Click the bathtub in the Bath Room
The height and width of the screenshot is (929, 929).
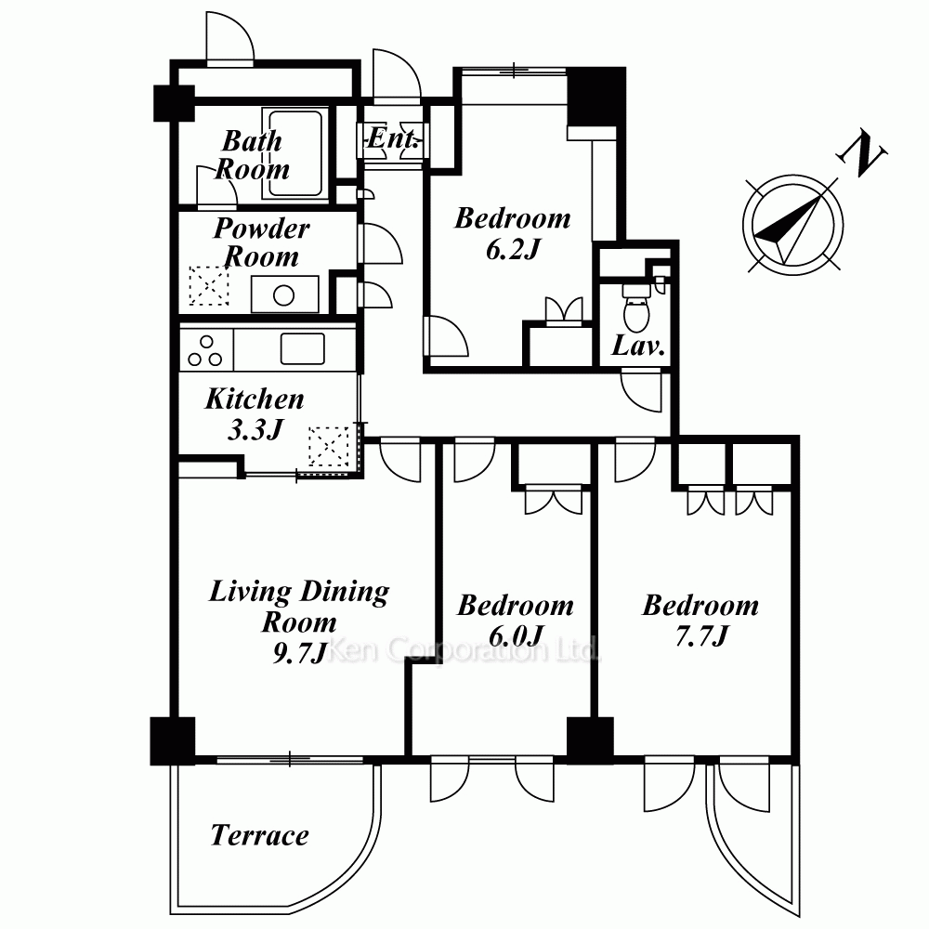coord(295,153)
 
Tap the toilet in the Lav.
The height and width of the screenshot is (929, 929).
coord(636,308)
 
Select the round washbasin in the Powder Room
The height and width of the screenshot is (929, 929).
coord(284,295)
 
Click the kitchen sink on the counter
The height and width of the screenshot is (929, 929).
coord(302,348)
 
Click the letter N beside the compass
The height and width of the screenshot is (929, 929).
coord(861,154)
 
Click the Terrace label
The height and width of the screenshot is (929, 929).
coord(259,835)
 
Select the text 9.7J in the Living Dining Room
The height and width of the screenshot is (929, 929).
coord(300,652)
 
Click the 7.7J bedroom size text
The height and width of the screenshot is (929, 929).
coord(701,636)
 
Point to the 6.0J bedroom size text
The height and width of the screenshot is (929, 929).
coord(516,636)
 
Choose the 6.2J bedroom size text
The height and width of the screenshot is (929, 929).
coord(513,249)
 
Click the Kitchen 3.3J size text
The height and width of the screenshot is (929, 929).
coord(255,429)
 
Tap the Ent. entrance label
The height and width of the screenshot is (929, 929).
coord(393,139)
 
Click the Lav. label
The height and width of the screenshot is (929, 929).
coord(638,346)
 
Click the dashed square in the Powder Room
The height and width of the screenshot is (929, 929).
coord(208,285)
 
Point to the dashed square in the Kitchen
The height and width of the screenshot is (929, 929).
coord(329,446)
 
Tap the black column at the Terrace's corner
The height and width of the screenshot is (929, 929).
coord(173,740)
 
